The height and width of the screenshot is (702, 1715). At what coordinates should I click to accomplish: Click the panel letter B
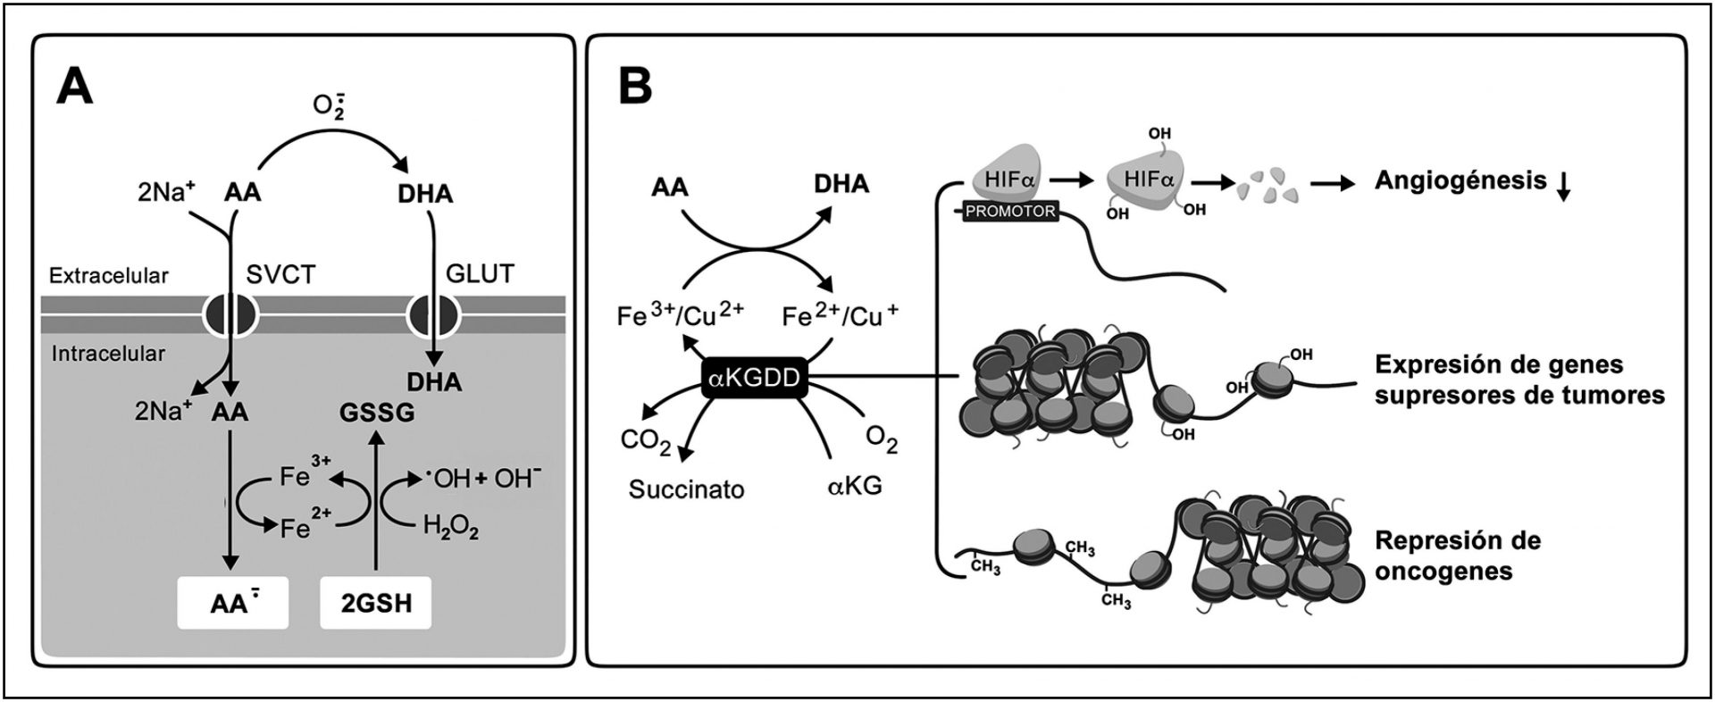(635, 88)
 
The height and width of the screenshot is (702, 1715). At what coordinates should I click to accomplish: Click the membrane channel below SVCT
(231, 313)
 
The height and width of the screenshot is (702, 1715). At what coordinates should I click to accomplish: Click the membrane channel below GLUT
(432, 313)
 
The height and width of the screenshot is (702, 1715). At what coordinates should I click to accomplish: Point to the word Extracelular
(108, 276)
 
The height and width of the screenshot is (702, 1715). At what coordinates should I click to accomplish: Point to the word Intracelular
(108, 354)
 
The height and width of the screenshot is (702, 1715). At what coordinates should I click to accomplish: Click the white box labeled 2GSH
(376, 603)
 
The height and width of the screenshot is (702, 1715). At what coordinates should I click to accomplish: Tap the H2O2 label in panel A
(451, 529)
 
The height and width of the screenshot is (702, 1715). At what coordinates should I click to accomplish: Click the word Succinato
(686, 489)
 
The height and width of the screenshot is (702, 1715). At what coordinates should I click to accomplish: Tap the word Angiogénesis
(1460, 181)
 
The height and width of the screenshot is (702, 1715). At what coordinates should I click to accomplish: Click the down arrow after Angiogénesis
(1563, 185)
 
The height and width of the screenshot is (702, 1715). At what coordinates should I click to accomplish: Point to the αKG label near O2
(854, 488)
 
